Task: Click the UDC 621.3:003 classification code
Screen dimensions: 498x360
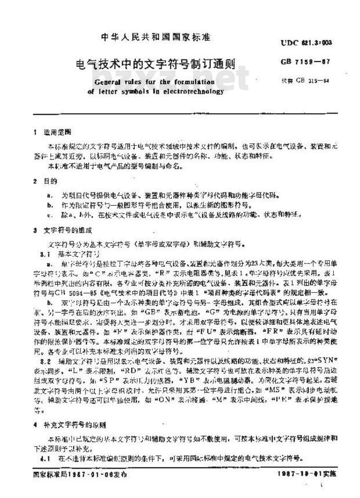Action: tap(309, 43)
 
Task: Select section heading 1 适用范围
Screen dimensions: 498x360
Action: tap(50, 133)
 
